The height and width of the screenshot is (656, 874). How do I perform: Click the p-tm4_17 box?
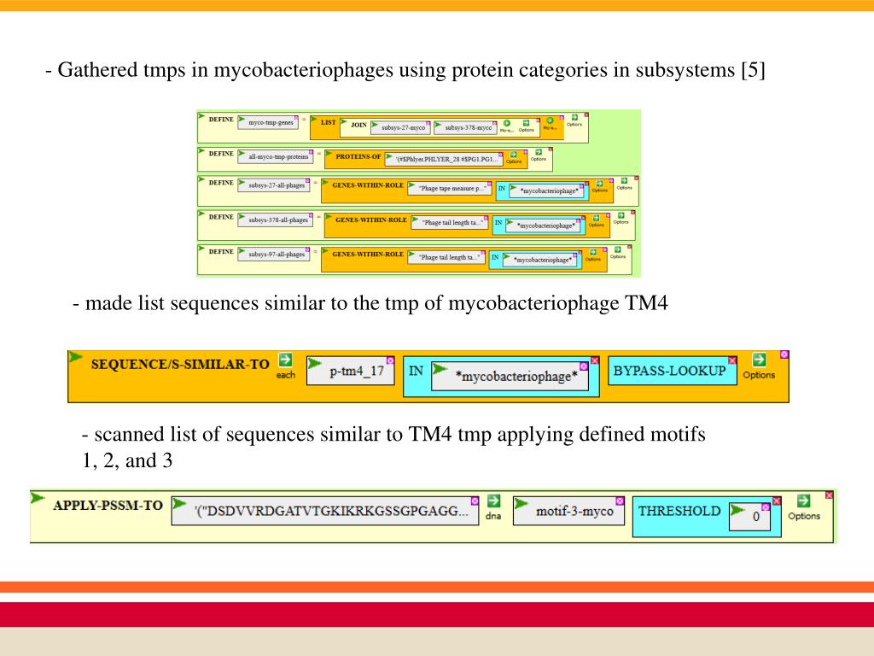(x=356, y=372)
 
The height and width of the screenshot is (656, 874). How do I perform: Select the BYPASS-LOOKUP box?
(x=670, y=371)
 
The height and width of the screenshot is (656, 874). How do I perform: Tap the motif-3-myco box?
(x=574, y=512)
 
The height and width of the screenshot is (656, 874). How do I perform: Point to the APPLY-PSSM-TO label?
(x=108, y=505)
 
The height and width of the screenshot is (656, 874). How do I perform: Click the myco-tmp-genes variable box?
(x=271, y=123)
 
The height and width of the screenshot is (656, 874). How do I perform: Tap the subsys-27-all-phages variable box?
(x=278, y=185)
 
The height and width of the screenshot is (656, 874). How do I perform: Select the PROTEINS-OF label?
(x=358, y=156)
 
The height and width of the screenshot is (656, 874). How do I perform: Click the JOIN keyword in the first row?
(x=358, y=125)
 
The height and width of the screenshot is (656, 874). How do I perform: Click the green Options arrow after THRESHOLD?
(x=803, y=501)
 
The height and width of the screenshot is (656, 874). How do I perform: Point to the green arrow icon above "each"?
(x=285, y=360)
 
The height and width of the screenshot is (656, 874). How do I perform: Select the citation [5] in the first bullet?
(x=753, y=69)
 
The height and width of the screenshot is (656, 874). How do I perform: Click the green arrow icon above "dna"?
(x=493, y=501)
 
